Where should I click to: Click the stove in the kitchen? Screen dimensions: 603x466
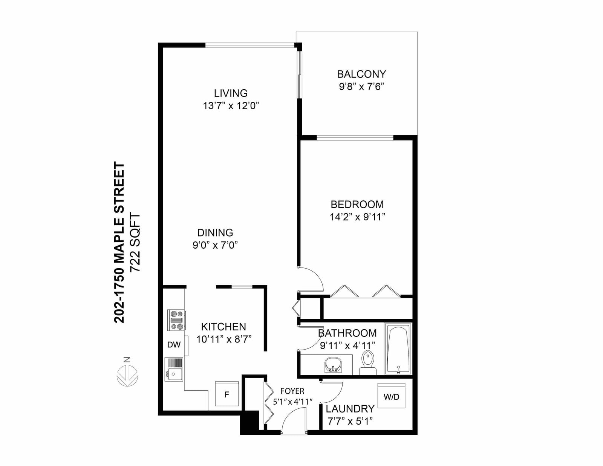point(176,320)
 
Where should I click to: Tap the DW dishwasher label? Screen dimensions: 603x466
point(174,345)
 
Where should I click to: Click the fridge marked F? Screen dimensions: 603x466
point(227,394)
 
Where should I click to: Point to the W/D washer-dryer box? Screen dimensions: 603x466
point(392,396)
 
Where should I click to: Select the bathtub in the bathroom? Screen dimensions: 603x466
point(398,349)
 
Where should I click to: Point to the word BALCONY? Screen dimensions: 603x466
point(361,74)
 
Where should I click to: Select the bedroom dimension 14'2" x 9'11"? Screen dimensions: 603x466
point(358,217)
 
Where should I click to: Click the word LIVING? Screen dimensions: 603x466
point(231,93)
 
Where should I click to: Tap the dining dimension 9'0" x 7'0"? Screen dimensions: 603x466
point(216,245)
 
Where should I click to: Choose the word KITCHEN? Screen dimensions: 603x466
point(223,327)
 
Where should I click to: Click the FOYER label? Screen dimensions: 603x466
point(292,391)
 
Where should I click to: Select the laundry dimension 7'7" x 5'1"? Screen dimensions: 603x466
point(350,422)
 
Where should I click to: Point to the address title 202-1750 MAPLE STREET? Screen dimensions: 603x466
point(119,243)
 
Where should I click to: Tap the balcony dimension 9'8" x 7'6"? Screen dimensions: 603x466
point(361,87)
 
